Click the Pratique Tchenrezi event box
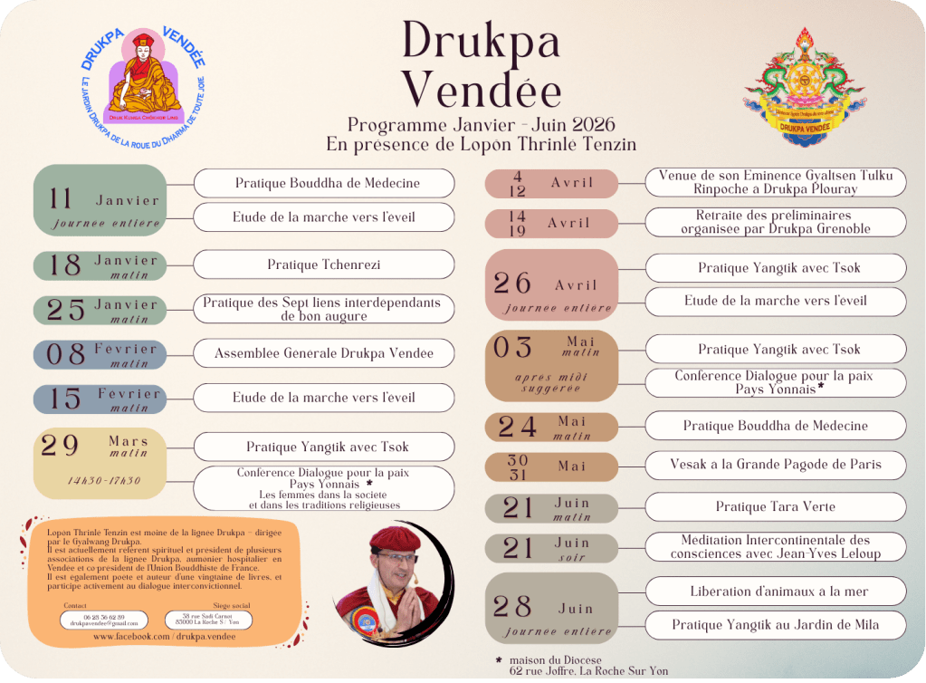[x=323, y=265]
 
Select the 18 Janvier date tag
[x=100, y=265]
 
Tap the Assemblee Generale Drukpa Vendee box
[x=323, y=353]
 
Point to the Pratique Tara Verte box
[x=775, y=506]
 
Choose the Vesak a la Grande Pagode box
[x=775, y=465]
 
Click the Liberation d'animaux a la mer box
[x=775, y=592]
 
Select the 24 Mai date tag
[x=551, y=427]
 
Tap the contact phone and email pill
[x=103, y=620]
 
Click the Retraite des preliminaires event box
[x=775, y=222]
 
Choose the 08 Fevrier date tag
[x=100, y=354]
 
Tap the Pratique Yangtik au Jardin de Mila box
[x=775, y=624]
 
